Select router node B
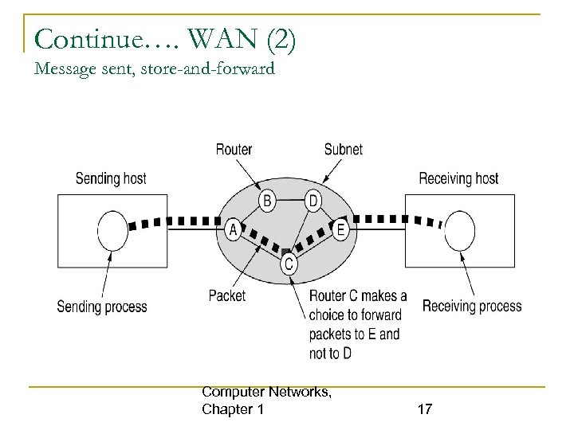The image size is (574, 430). tap(268, 201)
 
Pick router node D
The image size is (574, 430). tap(314, 201)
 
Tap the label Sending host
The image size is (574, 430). tap(111, 178)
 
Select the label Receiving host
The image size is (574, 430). tap(458, 178)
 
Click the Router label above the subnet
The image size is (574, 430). tap(234, 149)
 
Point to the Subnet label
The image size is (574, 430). tap(343, 149)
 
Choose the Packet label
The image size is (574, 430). tap(227, 295)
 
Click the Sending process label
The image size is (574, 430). tap(102, 307)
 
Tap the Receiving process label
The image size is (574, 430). tap(472, 306)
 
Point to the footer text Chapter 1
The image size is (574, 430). tap(234, 409)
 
